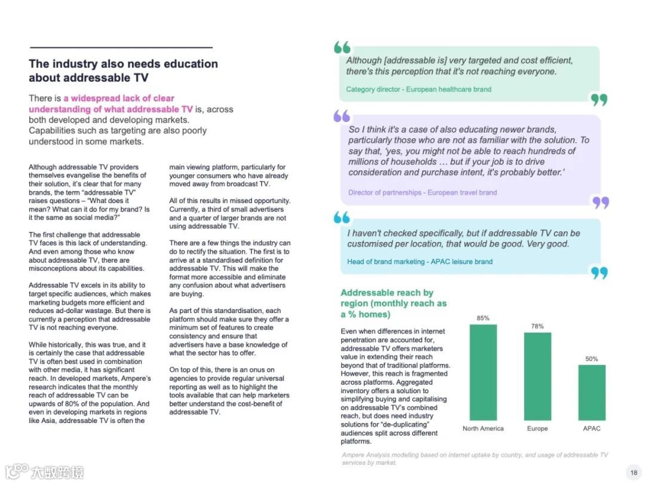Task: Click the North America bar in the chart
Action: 483,372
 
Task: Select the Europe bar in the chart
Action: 537,376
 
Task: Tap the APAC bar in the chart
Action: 591,393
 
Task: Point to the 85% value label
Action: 483,318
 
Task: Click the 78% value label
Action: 537,326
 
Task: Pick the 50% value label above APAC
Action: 591,359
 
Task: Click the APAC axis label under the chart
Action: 591,428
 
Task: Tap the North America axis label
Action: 483,428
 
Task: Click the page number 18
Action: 634,473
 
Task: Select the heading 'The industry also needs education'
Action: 123,64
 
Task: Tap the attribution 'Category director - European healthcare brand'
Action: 419,89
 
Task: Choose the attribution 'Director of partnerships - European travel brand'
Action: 422,192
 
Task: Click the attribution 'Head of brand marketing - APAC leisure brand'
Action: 420,262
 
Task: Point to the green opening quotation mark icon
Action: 342,47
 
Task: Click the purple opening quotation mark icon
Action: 342,115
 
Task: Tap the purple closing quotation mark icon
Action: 600,203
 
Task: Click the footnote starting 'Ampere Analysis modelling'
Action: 475,458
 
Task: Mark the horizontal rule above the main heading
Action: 121,47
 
